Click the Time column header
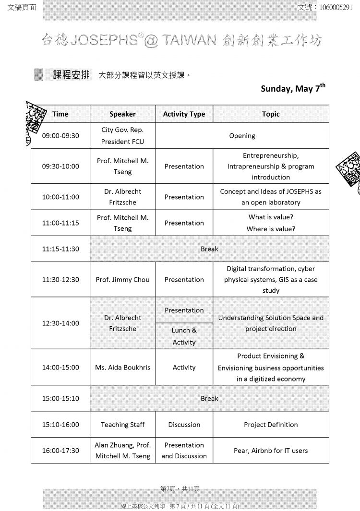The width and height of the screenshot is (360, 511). point(60,114)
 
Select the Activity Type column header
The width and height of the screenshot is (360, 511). point(184,114)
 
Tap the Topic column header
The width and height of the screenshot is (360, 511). point(271,114)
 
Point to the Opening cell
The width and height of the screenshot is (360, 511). point(242,136)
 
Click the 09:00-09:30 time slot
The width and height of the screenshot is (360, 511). point(60,136)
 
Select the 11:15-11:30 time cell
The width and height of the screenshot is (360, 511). point(60,249)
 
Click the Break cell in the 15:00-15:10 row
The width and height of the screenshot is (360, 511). point(209,398)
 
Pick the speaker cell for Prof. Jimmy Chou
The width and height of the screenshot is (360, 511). point(122,280)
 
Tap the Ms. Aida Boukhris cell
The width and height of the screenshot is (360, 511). point(122,368)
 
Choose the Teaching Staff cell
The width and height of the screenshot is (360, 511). point(122,425)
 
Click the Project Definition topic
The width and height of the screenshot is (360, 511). point(271,425)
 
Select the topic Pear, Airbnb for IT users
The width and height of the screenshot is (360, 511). point(271,451)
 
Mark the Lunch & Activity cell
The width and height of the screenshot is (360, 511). point(184,336)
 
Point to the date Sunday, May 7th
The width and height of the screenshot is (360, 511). point(293,88)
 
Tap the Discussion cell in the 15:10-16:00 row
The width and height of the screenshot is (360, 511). point(184,425)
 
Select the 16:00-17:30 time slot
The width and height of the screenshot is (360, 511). point(60,451)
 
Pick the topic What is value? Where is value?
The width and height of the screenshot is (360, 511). point(271,223)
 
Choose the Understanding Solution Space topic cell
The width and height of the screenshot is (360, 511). point(271,323)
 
